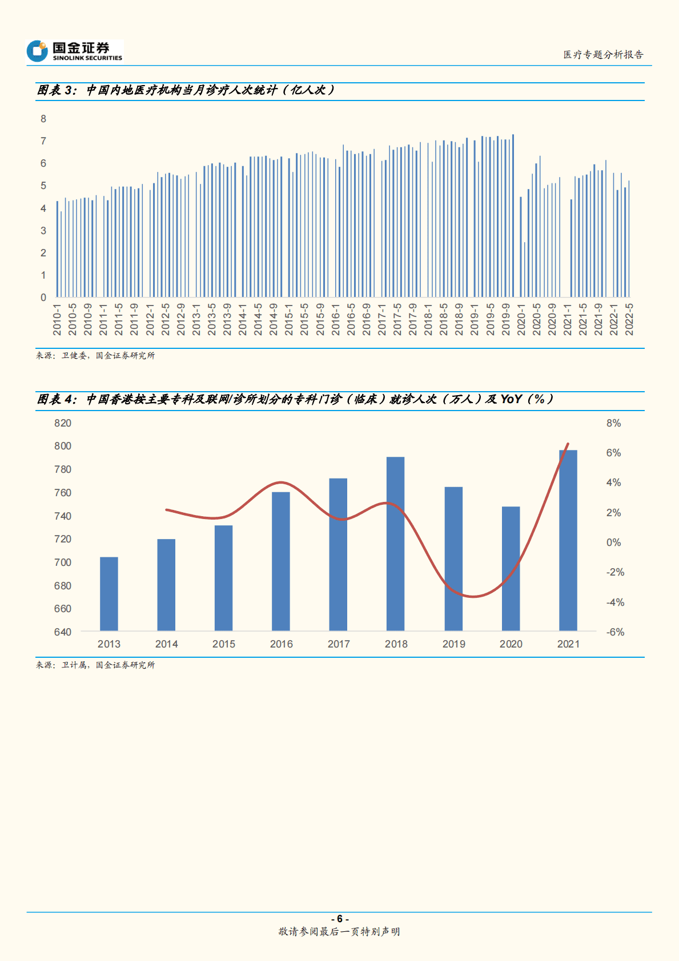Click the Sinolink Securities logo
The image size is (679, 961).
[74, 51]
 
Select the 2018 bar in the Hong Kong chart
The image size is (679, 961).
[395, 542]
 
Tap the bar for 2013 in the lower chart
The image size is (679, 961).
[109, 594]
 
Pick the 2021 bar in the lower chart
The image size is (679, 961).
[568, 540]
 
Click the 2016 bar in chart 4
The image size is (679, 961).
[281, 561]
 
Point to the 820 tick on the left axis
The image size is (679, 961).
[63, 423]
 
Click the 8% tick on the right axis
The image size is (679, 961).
[613, 423]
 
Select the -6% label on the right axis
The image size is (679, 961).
[615, 632]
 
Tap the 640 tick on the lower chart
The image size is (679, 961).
[63, 632]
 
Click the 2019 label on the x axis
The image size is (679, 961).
[453, 644]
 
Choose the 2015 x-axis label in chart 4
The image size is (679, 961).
[224, 644]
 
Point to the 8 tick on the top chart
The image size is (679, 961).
[43, 119]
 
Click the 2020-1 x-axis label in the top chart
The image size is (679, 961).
[521, 319]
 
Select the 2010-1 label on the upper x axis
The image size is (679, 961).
[57, 319]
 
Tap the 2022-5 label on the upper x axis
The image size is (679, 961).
[629, 319]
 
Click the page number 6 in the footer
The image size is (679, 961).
[339, 919]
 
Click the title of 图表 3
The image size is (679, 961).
[186, 90]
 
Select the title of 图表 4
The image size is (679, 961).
[295, 399]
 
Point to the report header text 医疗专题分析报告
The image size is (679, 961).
[603, 55]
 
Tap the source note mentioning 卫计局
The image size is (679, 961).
[95, 665]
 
